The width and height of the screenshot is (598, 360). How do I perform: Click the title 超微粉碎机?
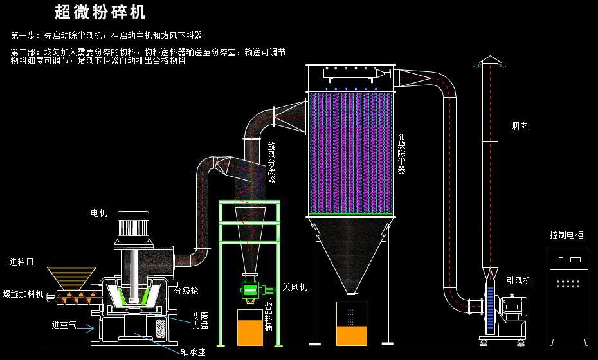pos(100,12)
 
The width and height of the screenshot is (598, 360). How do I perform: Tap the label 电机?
pos(99,213)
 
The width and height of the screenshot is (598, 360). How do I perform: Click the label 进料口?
pos(22,262)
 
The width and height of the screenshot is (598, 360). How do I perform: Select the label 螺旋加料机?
pos(23,294)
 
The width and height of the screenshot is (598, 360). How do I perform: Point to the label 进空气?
pos(64,325)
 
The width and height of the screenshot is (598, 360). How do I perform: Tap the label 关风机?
pos(294,287)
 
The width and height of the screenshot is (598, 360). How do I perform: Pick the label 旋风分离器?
pos(271,163)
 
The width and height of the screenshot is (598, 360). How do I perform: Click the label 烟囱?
pos(520,127)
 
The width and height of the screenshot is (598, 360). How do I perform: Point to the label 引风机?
pos(518,280)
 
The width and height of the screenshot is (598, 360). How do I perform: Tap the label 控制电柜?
pos(566,235)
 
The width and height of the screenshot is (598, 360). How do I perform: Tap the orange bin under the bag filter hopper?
pos(350,325)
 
